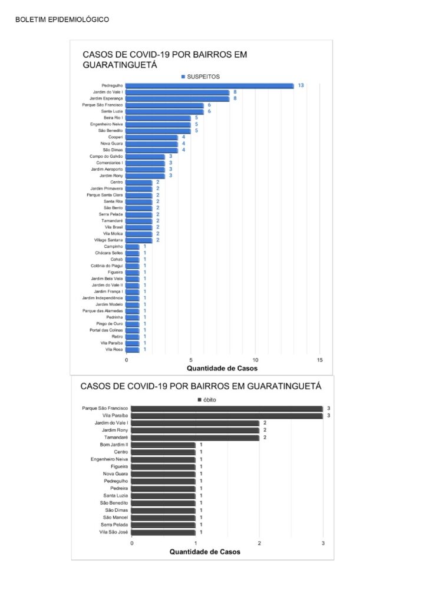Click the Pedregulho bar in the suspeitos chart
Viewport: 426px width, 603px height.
(210, 86)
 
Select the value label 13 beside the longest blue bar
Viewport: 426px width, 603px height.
(301, 85)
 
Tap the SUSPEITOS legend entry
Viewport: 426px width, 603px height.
(200, 77)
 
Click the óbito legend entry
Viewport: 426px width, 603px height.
(207, 400)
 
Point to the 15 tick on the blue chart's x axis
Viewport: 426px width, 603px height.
(320, 360)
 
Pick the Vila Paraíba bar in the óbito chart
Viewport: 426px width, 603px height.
(227, 416)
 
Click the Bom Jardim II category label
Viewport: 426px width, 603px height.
(114, 445)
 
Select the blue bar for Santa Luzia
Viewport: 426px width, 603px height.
(165, 111)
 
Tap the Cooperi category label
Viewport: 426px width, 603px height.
(115, 137)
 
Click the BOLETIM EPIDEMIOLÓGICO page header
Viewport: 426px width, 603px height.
(62, 19)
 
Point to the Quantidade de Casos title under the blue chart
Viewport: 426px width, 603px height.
(222, 369)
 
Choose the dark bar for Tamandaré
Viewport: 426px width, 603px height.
(195, 438)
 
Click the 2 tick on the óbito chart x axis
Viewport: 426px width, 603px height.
(259, 544)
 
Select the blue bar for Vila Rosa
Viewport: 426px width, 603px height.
(133, 350)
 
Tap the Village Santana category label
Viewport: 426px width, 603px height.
(108, 240)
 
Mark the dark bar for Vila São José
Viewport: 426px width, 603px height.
(163, 532)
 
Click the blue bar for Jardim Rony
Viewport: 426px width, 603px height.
(146, 175)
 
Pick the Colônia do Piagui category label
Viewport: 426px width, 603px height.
(107, 266)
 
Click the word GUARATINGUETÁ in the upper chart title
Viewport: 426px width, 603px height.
(120, 65)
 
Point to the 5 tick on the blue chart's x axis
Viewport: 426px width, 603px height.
(191, 360)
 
